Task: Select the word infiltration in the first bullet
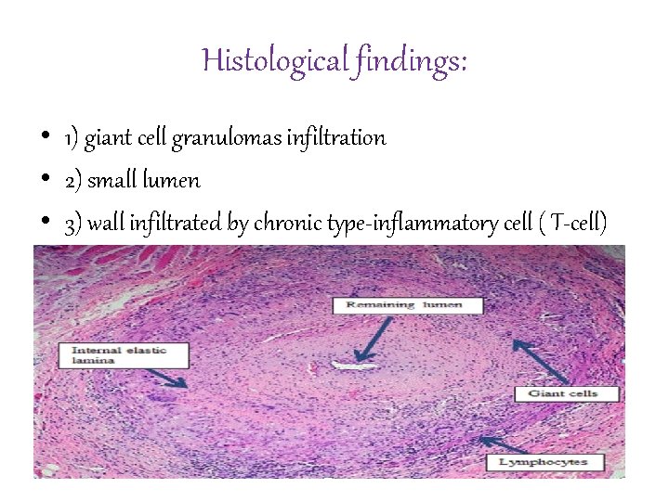pos(336,138)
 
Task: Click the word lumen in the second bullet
pos(175,180)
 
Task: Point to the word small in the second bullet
pos(114,180)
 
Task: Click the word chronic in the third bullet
pos(285,223)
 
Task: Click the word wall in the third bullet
pos(103,223)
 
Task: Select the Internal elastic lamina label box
pos(123,355)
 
